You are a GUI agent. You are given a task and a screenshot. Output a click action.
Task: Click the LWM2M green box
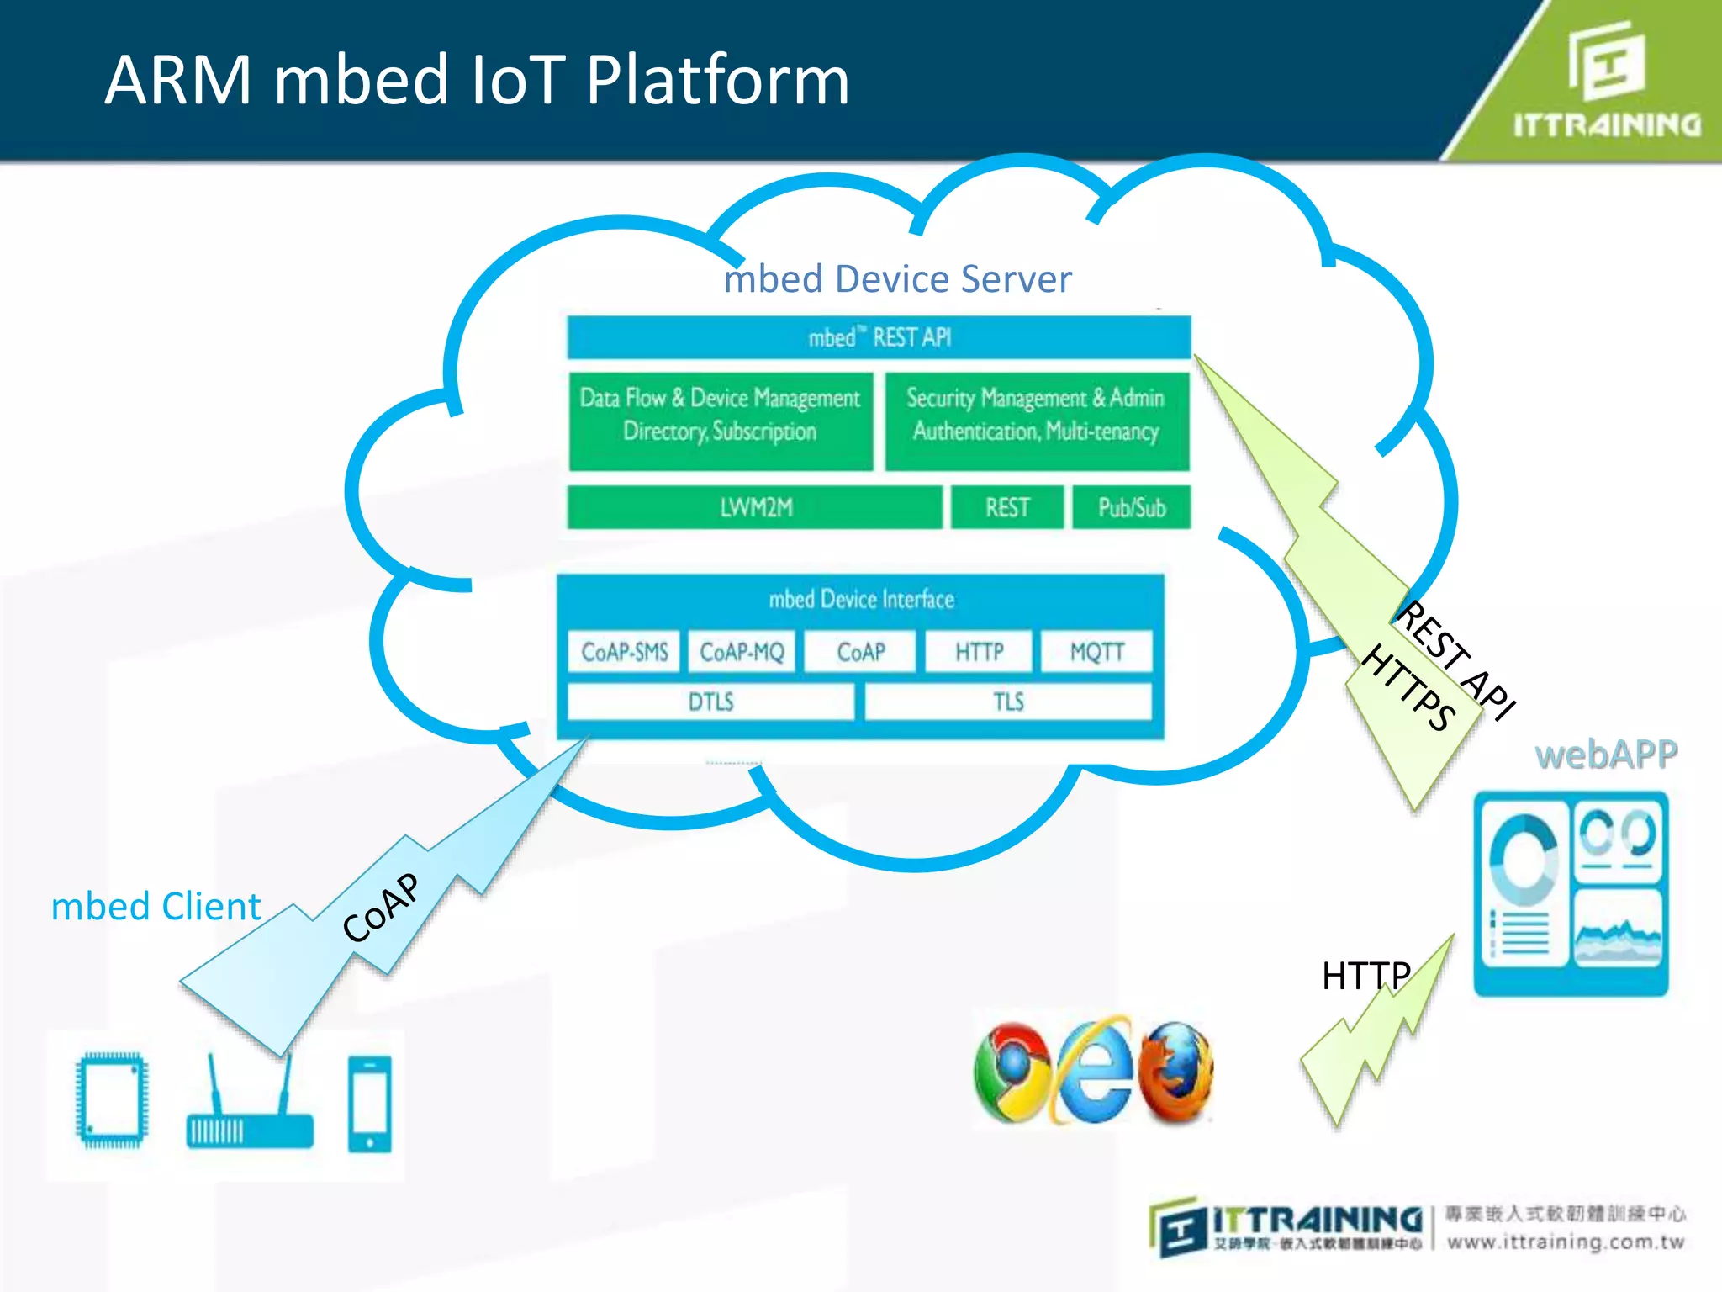pyautogui.click(x=754, y=507)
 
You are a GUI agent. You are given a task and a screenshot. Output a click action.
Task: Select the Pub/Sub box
pyautogui.click(x=1131, y=507)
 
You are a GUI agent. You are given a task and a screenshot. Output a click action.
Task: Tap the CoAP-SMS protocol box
pyautogui.click(x=624, y=652)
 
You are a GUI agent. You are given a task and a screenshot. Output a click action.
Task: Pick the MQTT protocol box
pyautogui.click(x=1096, y=652)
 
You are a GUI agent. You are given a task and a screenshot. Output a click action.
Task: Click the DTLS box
pyautogui.click(x=710, y=702)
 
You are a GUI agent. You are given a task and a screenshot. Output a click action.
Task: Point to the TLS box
pyautogui.click(x=1008, y=702)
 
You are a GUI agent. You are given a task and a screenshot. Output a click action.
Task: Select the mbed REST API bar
pyautogui.click(x=879, y=337)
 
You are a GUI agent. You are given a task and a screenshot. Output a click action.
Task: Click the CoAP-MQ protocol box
pyautogui.click(x=742, y=652)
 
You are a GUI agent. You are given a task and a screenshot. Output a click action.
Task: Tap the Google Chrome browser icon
pyautogui.click(x=1012, y=1072)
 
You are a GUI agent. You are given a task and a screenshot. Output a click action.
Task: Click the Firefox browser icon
pyautogui.click(x=1175, y=1072)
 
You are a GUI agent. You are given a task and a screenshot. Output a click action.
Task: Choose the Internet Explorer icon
pyautogui.click(x=1093, y=1072)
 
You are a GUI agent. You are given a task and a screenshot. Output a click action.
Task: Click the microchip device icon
pyautogui.click(x=111, y=1100)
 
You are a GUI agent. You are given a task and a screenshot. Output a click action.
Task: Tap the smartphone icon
pyautogui.click(x=370, y=1104)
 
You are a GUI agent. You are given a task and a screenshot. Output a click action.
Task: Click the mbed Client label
pyautogui.click(x=156, y=907)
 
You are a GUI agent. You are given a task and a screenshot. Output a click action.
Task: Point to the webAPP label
pyautogui.click(x=1606, y=755)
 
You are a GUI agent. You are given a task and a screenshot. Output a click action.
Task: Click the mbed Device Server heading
pyautogui.click(x=897, y=279)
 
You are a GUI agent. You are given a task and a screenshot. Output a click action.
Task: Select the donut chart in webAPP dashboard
pyautogui.click(x=1523, y=859)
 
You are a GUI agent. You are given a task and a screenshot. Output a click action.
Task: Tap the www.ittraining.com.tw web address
pyautogui.click(x=1566, y=1242)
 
